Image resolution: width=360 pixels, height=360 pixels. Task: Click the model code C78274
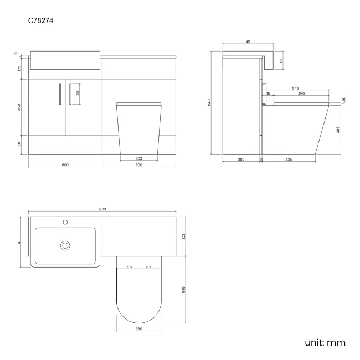[41, 21]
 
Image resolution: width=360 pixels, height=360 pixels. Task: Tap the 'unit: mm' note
[325, 343]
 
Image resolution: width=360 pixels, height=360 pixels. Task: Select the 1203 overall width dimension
[102, 209]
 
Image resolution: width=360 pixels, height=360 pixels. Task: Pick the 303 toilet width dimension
[138, 159]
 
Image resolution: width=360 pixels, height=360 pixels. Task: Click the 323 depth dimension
[184, 236]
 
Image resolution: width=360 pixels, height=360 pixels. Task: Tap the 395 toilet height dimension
[338, 130]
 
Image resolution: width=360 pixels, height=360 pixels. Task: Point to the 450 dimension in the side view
[301, 94]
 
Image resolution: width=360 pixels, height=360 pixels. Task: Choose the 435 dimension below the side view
[289, 160]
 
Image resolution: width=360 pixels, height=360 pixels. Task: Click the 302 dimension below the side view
[241, 160]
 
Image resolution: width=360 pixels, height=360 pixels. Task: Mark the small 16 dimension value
[261, 160]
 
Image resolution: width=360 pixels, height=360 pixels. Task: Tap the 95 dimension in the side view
[268, 94]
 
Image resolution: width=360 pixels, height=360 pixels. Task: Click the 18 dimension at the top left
[16, 54]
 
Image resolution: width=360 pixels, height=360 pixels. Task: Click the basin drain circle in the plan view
[66, 245]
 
